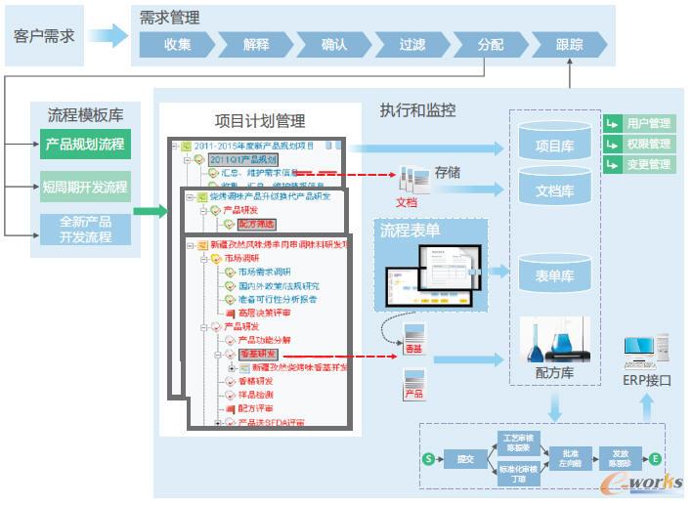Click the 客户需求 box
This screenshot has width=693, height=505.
click(44, 36)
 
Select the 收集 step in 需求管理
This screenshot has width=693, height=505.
click(177, 44)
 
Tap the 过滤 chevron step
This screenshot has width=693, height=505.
click(412, 44)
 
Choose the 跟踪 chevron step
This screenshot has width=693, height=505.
click(569, 44)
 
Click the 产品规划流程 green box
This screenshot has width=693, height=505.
click(85, 145)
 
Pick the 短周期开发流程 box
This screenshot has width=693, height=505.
click(85, 186)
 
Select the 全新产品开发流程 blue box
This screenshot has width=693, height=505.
click(85, 229)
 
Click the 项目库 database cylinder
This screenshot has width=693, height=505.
click(555, 146)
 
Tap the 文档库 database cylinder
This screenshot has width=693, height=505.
click(555, 189)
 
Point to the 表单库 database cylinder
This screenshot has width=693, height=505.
click(555, 275)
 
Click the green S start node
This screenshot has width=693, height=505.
click(427, 458)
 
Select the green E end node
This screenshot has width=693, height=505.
click(655, 458)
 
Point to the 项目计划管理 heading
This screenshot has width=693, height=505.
click(260, 121)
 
